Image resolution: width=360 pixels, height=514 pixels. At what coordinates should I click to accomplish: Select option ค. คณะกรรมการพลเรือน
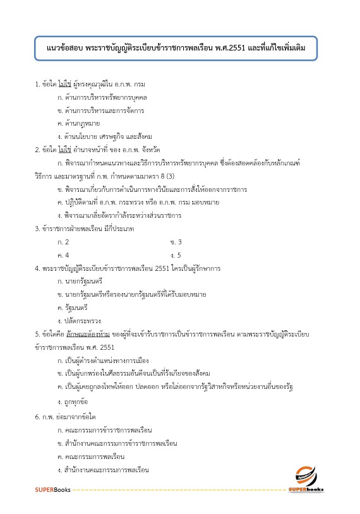90,456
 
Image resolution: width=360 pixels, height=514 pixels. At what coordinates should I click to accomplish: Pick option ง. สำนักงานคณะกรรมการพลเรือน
103,470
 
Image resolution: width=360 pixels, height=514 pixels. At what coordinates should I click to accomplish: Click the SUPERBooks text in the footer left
52,490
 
